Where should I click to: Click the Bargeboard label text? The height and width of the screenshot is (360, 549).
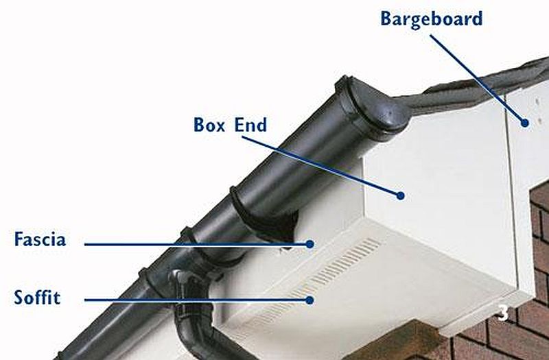[x=432, y=20]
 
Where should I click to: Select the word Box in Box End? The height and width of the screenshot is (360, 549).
[x=209, y=125]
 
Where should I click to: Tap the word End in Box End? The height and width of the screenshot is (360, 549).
[x=250, y=125]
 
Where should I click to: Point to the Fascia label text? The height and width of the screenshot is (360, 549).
[x=40, y=239]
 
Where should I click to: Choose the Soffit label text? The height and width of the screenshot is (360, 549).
[x=37, y=298]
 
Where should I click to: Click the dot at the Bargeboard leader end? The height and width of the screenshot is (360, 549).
[x=524, y=123]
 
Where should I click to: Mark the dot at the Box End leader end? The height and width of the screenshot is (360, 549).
[x=401, y=195]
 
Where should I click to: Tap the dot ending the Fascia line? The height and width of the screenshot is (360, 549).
[x=309, y=244]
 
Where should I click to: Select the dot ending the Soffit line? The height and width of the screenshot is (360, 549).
[x=309, y=300]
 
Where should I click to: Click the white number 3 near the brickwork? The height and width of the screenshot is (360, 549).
[x=503, y=313]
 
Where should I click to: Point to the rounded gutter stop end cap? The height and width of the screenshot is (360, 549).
[x=375, y=105]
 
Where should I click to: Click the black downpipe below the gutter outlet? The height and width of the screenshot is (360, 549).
[x=196, y=329]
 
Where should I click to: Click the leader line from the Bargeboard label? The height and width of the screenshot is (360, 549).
[x=477, y=78]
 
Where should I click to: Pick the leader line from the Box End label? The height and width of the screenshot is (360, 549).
[x=320, y=165]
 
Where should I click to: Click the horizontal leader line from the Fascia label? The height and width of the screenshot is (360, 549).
[x=197, y=244]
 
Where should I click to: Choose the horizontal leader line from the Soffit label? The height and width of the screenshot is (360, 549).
[x=197, y=300]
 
